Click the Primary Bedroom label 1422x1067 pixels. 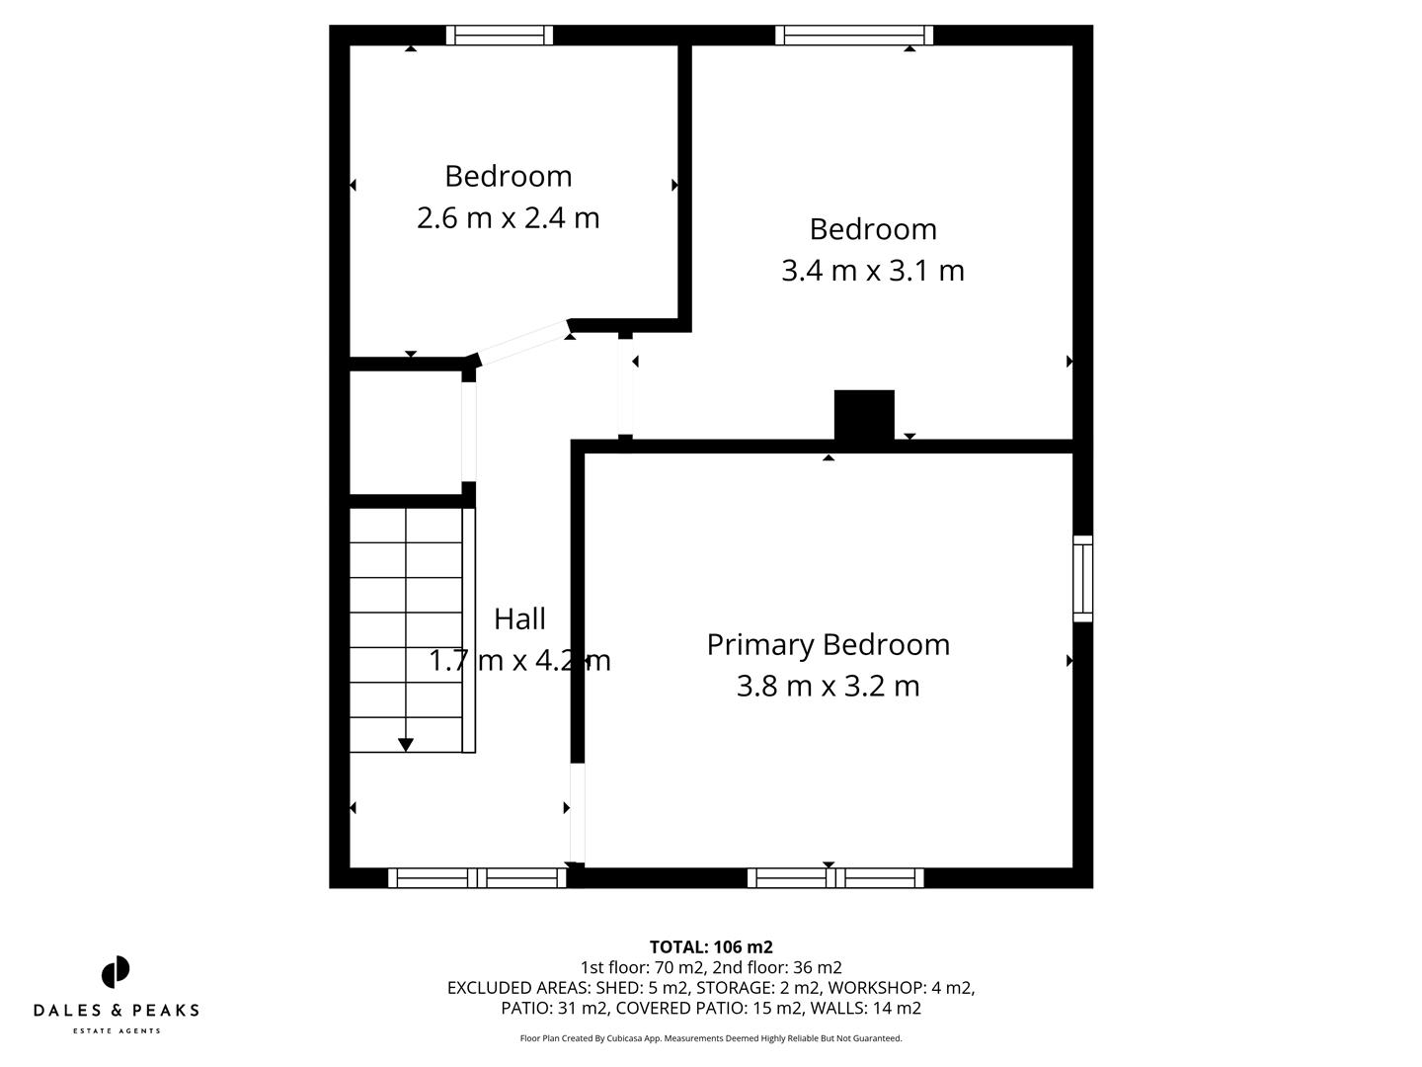828,644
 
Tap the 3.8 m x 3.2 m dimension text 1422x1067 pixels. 828,686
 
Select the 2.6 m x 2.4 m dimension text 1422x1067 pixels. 508,217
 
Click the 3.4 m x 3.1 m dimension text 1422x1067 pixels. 872,271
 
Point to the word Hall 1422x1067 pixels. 519,619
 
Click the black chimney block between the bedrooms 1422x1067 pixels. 864,415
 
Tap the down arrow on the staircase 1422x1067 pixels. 405,744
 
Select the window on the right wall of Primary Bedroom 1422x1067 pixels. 1083,579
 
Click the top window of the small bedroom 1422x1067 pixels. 499,36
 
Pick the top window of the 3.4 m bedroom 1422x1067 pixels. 854,36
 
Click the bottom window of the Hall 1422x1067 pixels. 477,877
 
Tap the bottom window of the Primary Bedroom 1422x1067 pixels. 835,877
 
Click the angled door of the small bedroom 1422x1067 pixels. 521,343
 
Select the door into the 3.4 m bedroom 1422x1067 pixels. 625,387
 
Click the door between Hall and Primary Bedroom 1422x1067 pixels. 578,814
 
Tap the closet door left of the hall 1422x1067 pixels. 469,432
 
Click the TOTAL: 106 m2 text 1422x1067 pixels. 710,947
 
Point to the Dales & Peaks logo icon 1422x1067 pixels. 116,972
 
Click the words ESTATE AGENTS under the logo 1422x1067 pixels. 117,1031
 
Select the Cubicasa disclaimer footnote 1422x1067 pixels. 710,1038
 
